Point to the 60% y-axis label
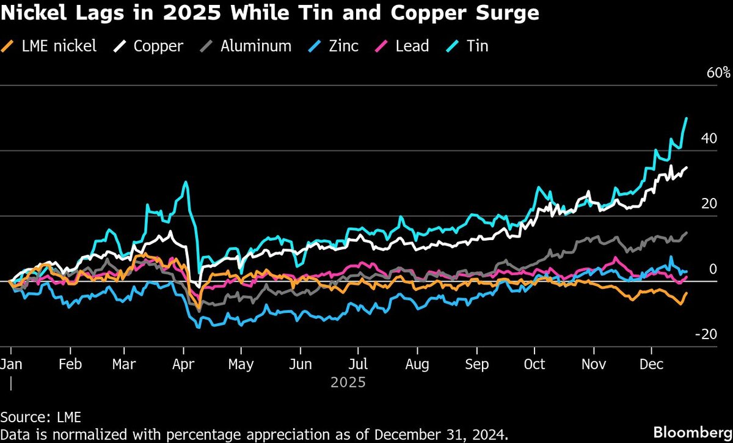[x=718, y=73]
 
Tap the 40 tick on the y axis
[x=709, y=139]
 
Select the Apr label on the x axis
[x=184, y=365]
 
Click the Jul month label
[x=358, y=365]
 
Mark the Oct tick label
[x=534, y=365]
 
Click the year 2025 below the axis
[x=348, y=383]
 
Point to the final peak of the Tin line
[x=687, y=119]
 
